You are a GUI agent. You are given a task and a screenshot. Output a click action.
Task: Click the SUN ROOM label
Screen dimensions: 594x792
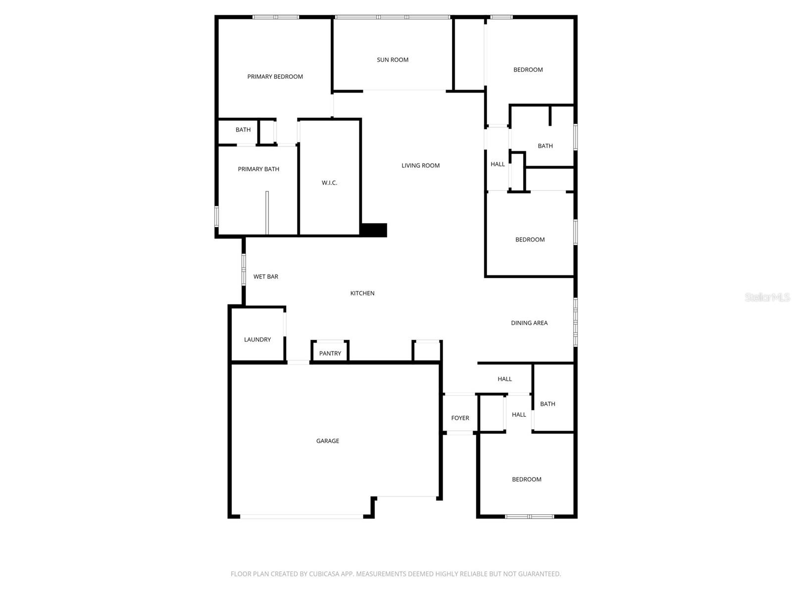click(x=393, y=60)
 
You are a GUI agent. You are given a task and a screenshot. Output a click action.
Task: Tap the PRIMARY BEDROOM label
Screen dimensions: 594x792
click(x=275, y=77)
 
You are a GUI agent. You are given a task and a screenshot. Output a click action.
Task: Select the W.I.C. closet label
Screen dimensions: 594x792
click(x=329, y=183)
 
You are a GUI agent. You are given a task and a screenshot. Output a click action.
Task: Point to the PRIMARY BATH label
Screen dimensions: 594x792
click(x=258, y=169)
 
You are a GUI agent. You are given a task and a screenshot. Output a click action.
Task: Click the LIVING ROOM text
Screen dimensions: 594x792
click(x=420, y=166)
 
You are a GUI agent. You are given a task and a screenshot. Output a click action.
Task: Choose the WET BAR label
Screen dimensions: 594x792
click(x=266, y=277)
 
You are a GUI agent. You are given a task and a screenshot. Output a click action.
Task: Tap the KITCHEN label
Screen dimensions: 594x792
click(x=362, y=294)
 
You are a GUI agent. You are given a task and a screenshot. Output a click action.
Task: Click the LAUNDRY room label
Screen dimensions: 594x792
click(x=257, y=340)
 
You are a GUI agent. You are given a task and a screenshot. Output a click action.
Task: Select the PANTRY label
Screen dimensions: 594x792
click(x=330, y=353)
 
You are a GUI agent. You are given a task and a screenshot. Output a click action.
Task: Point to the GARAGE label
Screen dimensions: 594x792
click(x=328, y=441)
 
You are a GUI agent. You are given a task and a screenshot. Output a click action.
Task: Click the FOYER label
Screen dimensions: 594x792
click(x=460, y=418)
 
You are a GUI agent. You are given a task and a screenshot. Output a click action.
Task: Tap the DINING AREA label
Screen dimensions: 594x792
click(x=529, y=323)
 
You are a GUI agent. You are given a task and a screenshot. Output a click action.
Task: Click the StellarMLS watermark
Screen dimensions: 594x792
click(x=767, y=297)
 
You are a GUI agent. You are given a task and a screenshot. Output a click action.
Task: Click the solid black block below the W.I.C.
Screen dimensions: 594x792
click(x=374, y=230)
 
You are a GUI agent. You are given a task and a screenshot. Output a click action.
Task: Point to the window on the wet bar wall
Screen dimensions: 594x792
click(x=244, y=269)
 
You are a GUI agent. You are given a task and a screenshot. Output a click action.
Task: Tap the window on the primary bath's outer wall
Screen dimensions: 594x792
click(x=216, y=216)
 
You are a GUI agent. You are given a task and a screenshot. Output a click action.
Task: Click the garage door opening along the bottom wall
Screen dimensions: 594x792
click(x=301, y=516)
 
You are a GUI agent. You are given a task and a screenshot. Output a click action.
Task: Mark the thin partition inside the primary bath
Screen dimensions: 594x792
click(x=267, y=213)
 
